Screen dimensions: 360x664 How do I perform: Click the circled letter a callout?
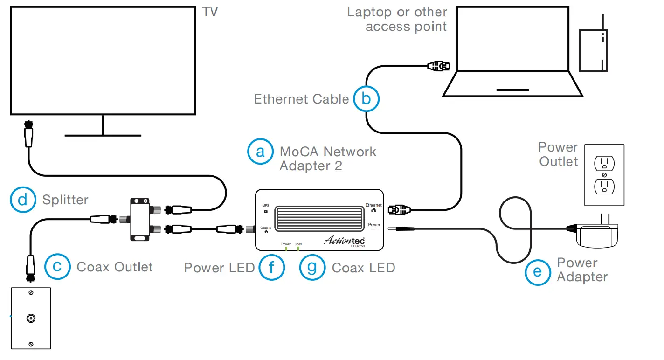[x=260, y=152]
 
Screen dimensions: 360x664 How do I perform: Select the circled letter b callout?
[x=366, y=99]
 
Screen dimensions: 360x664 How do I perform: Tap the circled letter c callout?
[x=57, y=267]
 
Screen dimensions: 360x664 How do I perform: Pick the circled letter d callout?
[x=23, y=200]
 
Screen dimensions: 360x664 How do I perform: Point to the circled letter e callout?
[x=538, y=271]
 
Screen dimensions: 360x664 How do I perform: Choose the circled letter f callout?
[x=271, y=267]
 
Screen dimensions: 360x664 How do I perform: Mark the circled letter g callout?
[x=312, y=267]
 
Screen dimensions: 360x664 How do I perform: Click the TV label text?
[x=210, y=12]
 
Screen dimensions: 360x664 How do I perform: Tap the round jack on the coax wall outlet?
[x=31, y=319]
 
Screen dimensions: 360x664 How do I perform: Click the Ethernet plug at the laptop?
[x=439, y=67]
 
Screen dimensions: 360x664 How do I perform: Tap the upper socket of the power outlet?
[x=604, y=163]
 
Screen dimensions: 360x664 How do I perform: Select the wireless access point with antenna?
[x=593, y=49]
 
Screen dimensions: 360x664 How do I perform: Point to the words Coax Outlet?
[x=115, y=267]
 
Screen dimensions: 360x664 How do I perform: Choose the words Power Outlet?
[x=558, y=154]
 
